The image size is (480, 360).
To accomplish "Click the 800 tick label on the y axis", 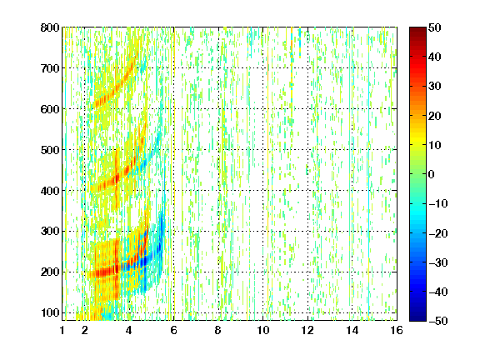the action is point(50,27).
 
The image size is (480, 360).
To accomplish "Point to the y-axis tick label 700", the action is point(50,68).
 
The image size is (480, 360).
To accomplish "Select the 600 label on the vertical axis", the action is point(50,109).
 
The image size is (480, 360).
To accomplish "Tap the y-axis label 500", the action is point(50,150).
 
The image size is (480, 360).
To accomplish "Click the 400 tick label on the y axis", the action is point(50,191).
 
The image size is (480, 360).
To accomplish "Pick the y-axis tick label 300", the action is point(50,232).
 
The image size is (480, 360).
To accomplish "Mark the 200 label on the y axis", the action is point(50,272).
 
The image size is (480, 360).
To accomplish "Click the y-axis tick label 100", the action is point(50,312).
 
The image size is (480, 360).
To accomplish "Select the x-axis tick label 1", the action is point(62,330).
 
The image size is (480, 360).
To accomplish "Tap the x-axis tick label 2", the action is point(85,330).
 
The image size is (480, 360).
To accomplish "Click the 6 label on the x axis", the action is point(174,330).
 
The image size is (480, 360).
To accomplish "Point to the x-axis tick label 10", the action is point(263,330).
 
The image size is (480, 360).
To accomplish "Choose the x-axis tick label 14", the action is point(352,330).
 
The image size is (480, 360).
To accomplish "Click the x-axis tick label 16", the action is point(397,330).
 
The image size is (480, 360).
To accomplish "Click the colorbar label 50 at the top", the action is point(434,27).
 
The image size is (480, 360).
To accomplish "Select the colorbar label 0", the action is point(432,174).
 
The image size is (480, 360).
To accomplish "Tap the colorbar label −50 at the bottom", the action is point(438,321).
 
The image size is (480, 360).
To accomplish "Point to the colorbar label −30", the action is point(438,262).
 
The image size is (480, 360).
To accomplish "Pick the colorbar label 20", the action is point(434,116).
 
